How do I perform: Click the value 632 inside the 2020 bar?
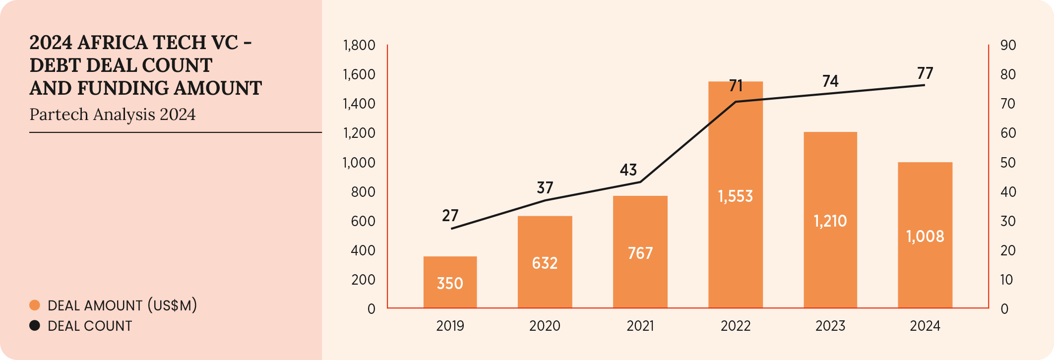click(545, 263)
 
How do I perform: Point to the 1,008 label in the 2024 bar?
click(925, 236)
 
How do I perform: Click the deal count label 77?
click(925, 73)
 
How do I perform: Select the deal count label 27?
click(450, 216)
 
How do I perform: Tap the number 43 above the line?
click(628, 170)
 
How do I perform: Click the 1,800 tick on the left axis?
click(359, 46)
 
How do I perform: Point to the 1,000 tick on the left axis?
click(359, 163)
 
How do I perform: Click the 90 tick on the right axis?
click(1008, 46)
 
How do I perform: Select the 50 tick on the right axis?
click(1008, 163)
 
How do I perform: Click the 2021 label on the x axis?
click(640, 326)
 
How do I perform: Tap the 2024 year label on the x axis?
click(925, 326)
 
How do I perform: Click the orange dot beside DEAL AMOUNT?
click(35, 305)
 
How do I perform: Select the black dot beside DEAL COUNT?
click(35, 326)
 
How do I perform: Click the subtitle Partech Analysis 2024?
click(113, 115)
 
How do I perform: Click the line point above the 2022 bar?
click(736, 102)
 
